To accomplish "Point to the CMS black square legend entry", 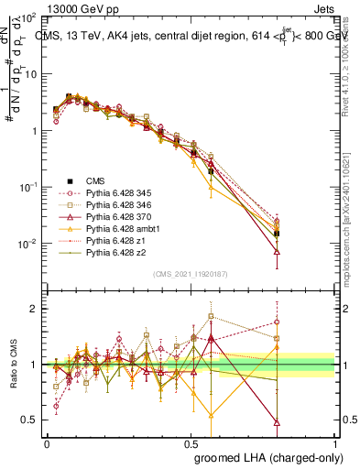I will (x=70, y=180).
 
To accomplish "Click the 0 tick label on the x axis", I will (x=47, y=442).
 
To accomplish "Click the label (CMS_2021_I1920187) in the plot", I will (x=191, y=274).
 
